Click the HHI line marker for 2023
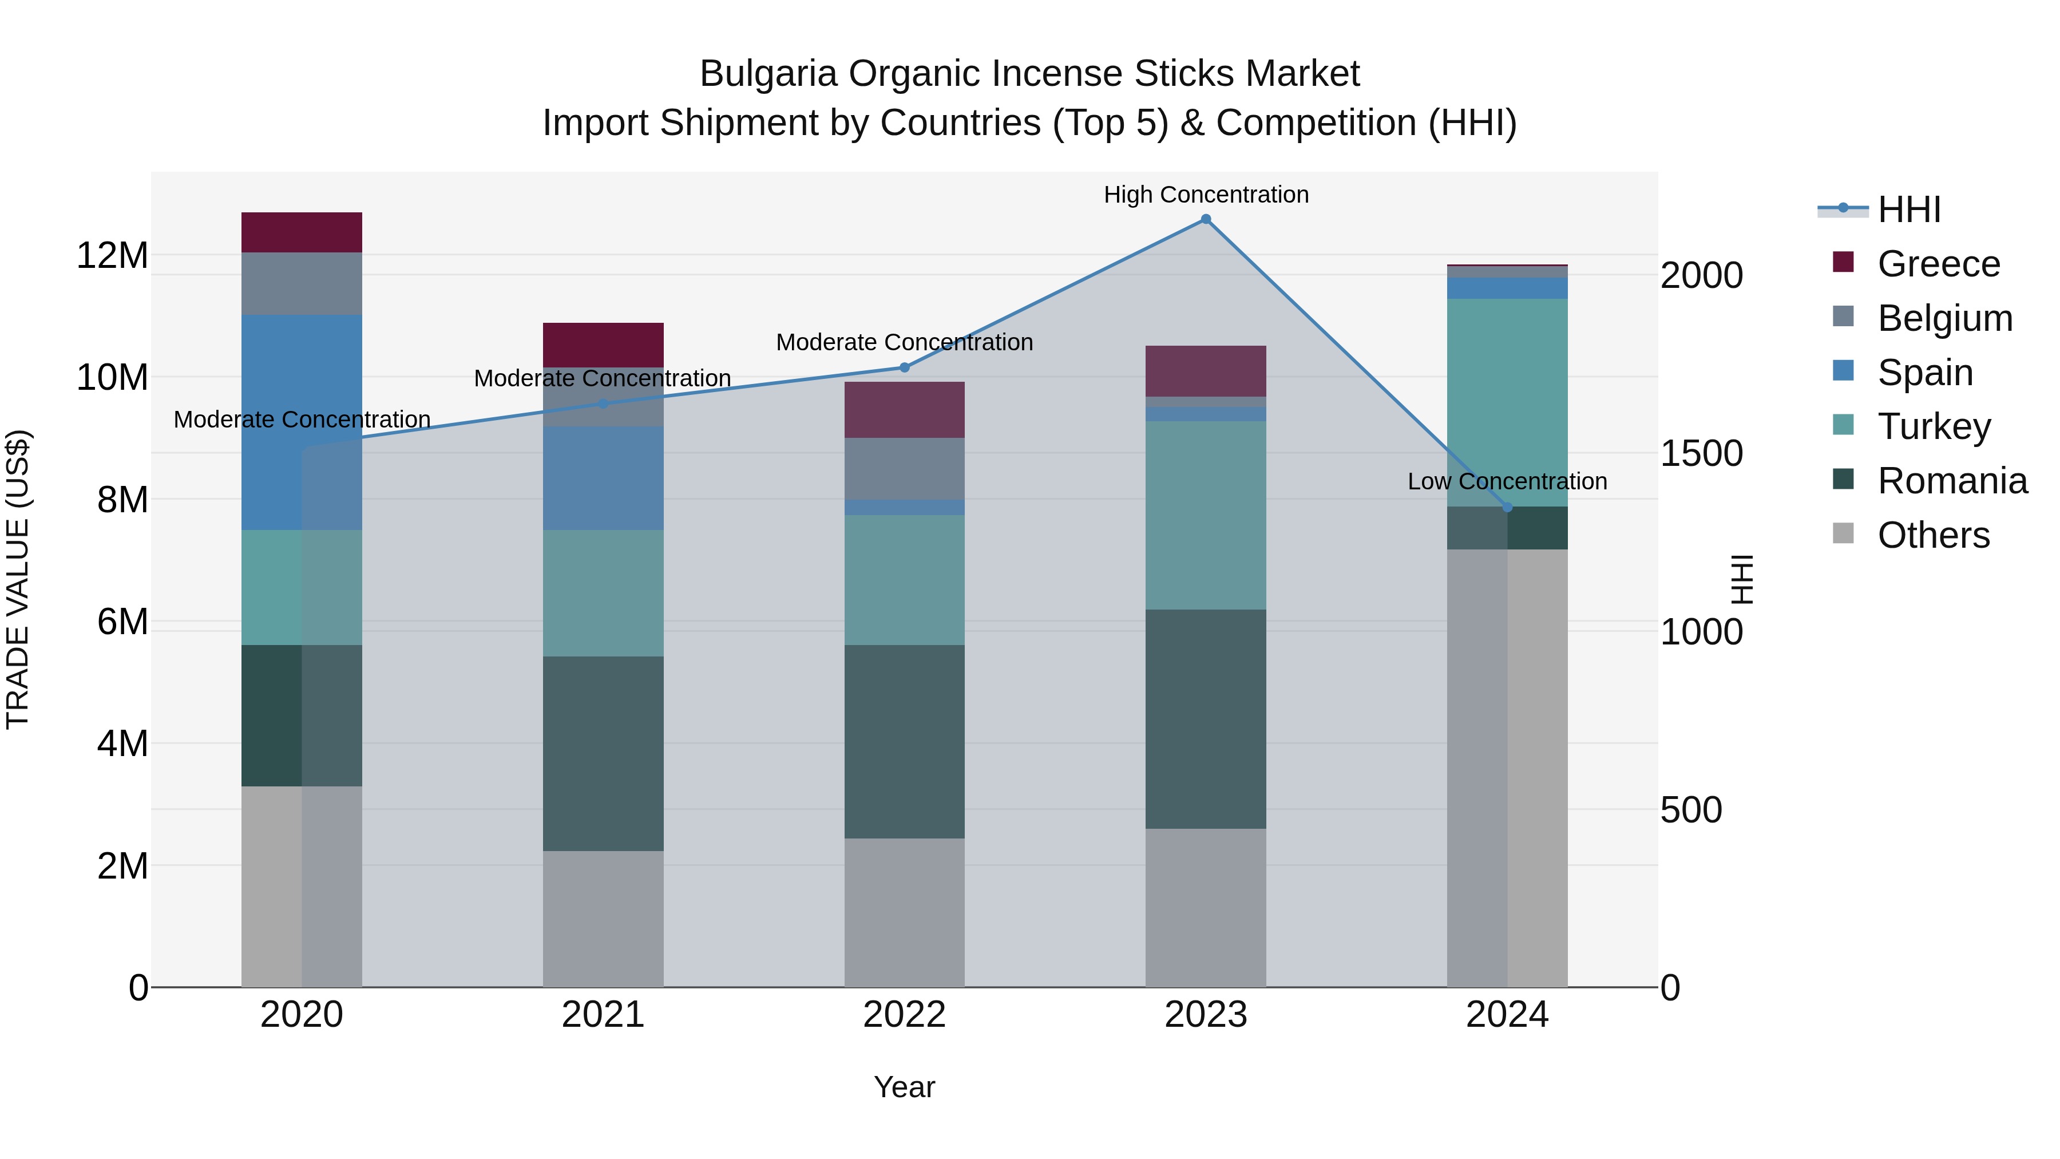(x=1206, y=219)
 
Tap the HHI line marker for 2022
(x=905, y=368)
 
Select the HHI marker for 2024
(x=1507, y=507)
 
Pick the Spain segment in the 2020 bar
(x=302, y=422)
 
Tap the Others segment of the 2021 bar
(x=603, y=919)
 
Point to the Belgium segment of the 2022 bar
(x=905, y=469)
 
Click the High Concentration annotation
(x=1206, y=195)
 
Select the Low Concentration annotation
(x=1507, y=481)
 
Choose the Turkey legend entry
(x=1933, y=426)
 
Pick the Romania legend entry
(x=1951, y=481)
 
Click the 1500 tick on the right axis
(x=1702, y=453)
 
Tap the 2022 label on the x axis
(x=905, y=1015)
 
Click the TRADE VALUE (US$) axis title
(x=18, y=579)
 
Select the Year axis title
(x=905, y=1087)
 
